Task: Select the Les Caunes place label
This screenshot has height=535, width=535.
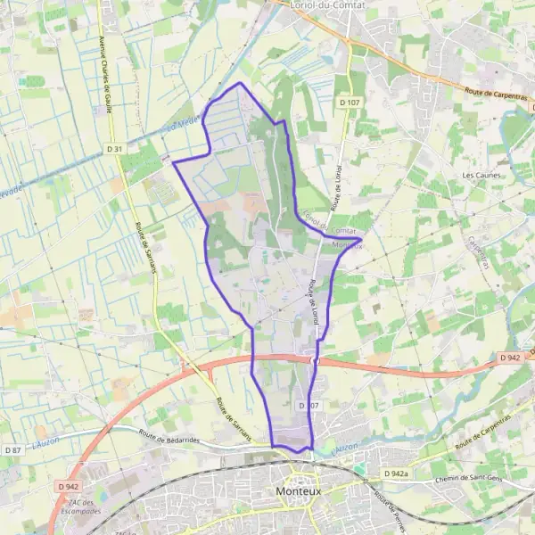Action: click(480, 176)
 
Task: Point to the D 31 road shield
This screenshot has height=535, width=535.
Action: click(113, 149)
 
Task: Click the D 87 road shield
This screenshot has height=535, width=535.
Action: click(12, 450)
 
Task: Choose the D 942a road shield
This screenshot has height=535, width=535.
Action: click(397, 473)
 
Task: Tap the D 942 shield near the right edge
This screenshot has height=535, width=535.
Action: click(509, 358)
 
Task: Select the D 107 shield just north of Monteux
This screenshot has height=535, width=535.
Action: click(308, 406)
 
